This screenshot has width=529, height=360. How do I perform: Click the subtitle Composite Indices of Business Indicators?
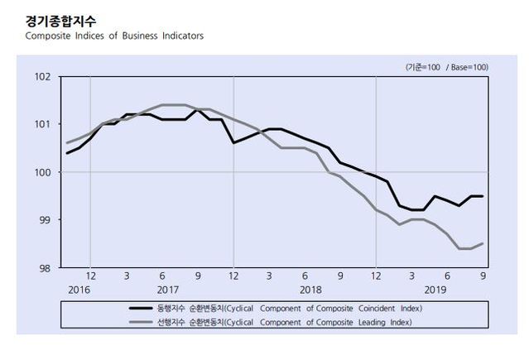tap(114, 36)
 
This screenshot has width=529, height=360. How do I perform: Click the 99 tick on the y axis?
tap(46, 220)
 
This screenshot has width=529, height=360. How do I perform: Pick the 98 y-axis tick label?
tap(46, 267)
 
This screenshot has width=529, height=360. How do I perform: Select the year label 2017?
tap(168, 290)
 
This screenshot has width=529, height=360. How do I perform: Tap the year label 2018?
tap(310, 290)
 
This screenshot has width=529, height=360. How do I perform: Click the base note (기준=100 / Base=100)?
tap(446, 66)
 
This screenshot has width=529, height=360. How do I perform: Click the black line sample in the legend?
tap(144, 307)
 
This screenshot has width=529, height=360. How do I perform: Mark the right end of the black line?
tap(483, 196)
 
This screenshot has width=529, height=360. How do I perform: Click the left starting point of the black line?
tap(67, 153)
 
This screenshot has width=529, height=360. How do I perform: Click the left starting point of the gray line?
tap(67, 143)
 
